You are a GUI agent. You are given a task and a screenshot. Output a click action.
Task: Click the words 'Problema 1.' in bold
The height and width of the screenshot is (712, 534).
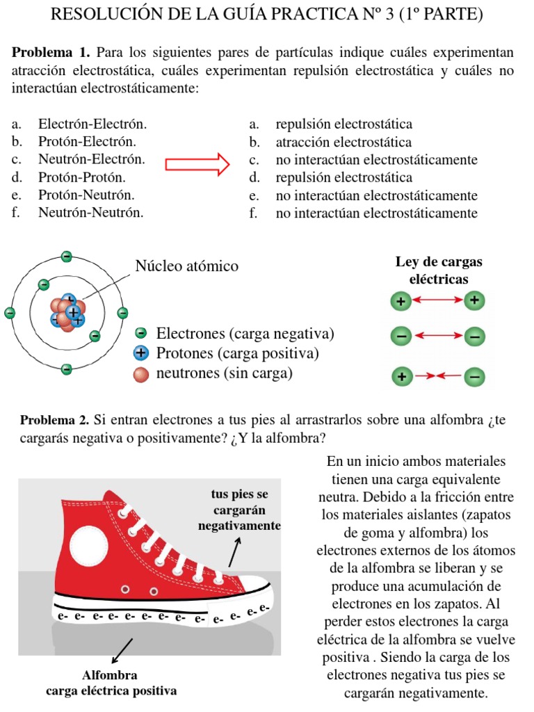pyautogui.click(x=51, y=53)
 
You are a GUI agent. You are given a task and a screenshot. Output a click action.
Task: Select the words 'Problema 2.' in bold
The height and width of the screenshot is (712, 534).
pyautogui.click(x=55, y=420)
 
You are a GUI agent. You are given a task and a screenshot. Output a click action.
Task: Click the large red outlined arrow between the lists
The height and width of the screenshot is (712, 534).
pyautogui.click(x=197, y=164)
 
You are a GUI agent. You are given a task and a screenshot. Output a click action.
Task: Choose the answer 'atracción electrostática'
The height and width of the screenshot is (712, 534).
pyautogui.click(x=343, y=143)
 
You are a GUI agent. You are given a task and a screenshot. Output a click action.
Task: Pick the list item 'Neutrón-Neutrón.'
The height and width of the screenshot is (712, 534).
pyautogui.click(x=91, y=213)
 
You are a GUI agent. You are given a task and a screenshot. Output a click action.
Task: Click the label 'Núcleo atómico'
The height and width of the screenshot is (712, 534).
pyautogui.click(x=186, y=266)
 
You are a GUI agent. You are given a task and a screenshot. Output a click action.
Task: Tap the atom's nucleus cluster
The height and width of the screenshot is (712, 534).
pyautogui.click(x=67, y=313)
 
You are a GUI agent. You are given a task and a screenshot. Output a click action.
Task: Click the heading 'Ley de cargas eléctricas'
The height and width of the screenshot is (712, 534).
pyautogui.click(x=438, y=270)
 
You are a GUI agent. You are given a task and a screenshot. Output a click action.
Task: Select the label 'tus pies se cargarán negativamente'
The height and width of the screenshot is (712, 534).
pyautogui.click(x=239, y=510)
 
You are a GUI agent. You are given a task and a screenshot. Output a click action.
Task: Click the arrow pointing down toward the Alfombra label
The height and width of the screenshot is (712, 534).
pyautogui.click(x=121, y=651)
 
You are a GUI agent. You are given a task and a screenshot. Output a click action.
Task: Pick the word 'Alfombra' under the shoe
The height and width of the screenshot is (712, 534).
pyautogui.click(x=110, y=675)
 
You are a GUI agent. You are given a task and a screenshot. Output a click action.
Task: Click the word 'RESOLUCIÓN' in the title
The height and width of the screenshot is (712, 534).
pyautogui.click(x=110, y=14)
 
